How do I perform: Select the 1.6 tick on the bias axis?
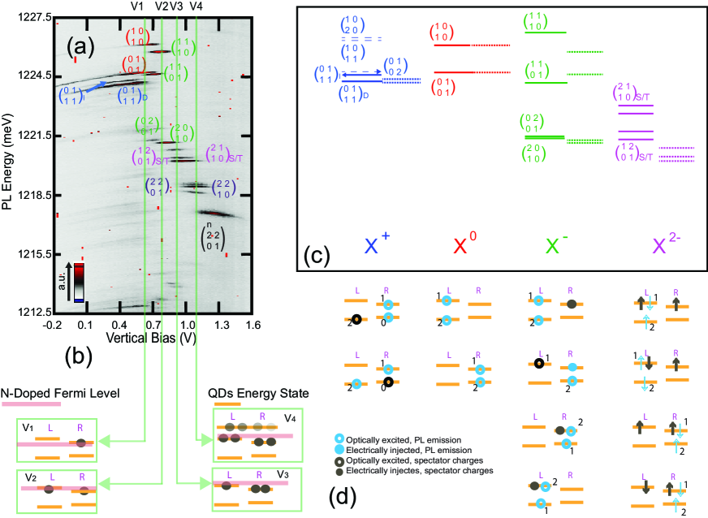(254, 325)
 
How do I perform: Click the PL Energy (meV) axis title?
(7, 164)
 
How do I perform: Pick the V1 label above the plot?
(139, 6)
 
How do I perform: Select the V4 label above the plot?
(196, 6)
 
